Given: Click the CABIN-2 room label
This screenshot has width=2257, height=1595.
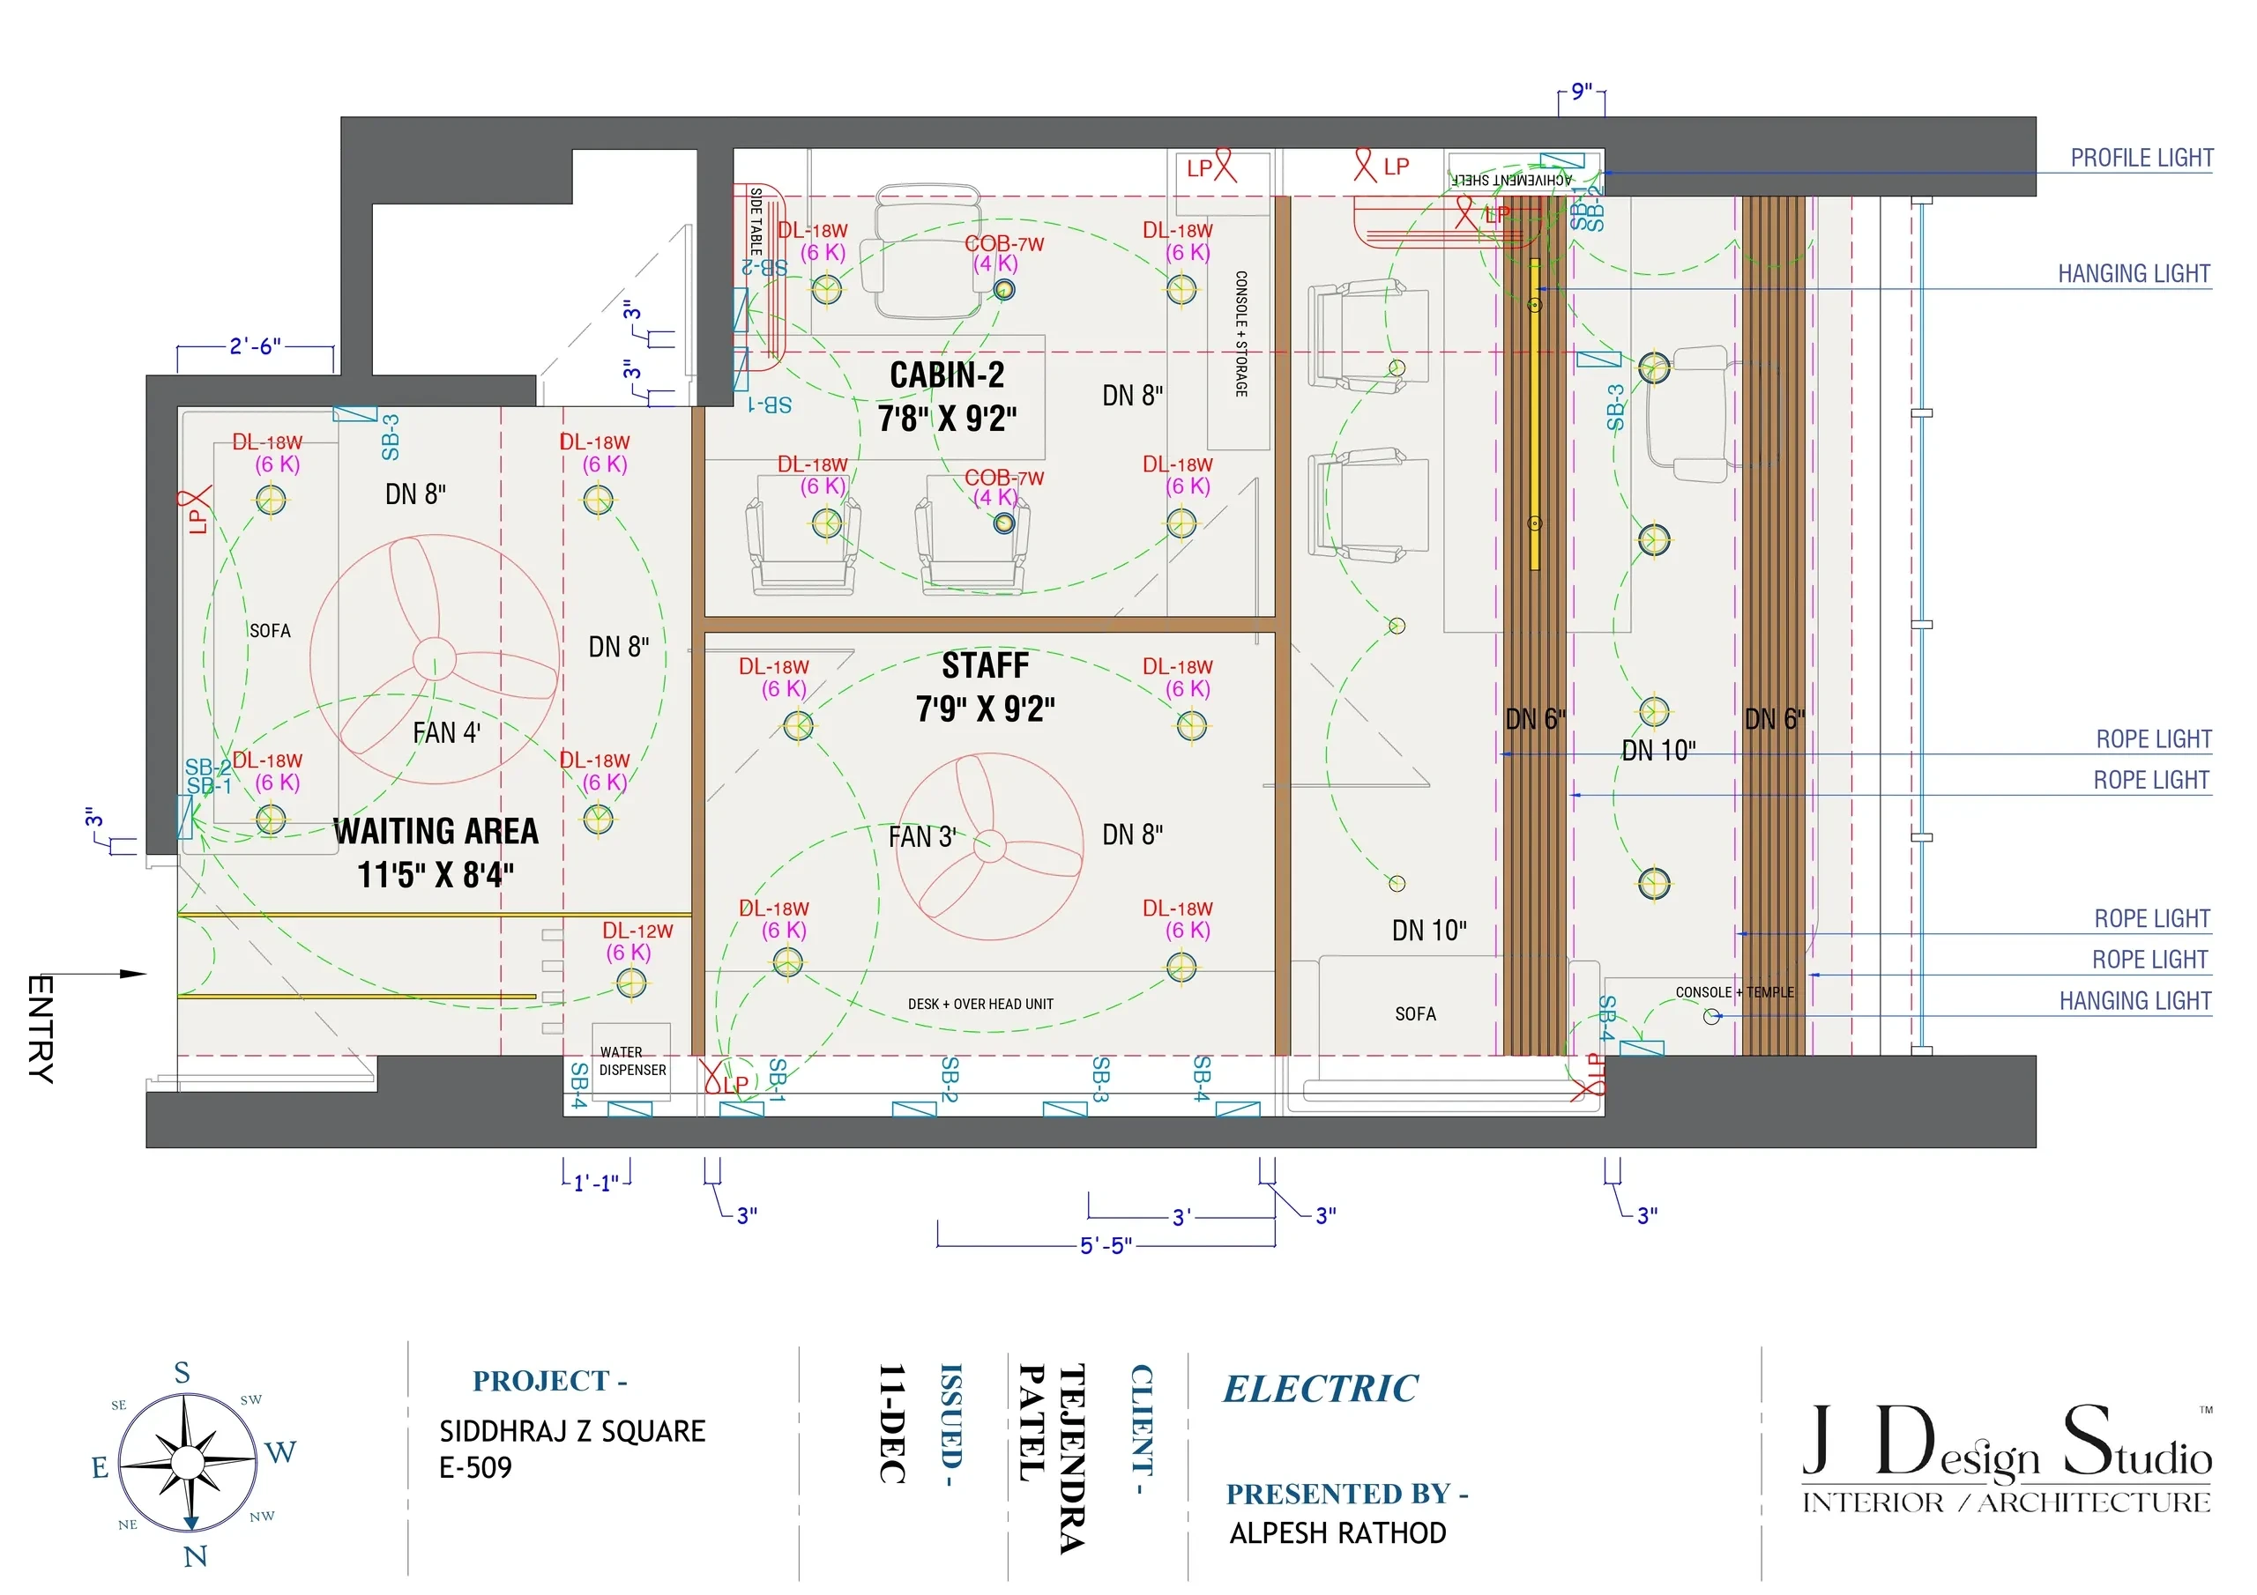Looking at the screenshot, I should [x=947, y=375].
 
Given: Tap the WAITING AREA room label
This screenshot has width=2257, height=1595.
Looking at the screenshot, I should [x=436, y=831].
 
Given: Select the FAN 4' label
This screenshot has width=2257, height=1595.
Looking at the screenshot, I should [x=446, y=733].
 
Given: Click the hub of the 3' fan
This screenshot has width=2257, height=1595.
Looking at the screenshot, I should [x=989, y=845].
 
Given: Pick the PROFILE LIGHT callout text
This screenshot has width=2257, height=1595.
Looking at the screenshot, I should [x=2141, y=159].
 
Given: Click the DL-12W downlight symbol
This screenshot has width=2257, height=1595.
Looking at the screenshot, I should [x=631, y=983].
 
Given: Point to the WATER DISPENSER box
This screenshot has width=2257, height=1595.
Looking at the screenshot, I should [x=631, y=1061].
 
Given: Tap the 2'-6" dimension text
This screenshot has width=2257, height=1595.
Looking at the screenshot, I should [x=255, y=346].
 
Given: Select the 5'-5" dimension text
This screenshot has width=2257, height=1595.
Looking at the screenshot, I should [x=1106, y=1246].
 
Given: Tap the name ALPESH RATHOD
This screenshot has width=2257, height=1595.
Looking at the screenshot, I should [x=1337, y=1533].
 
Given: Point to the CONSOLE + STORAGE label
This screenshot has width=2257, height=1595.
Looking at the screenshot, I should [x=1240, y=334].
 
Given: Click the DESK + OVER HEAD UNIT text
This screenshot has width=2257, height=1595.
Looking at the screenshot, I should [x=980, y=1005].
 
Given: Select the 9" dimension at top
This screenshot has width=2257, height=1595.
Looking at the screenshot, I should [x=1581, y=92].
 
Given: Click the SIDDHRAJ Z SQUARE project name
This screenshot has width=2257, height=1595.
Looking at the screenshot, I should [x=572, y=1431].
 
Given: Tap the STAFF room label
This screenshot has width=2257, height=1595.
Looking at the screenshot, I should [x=985, y=666].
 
